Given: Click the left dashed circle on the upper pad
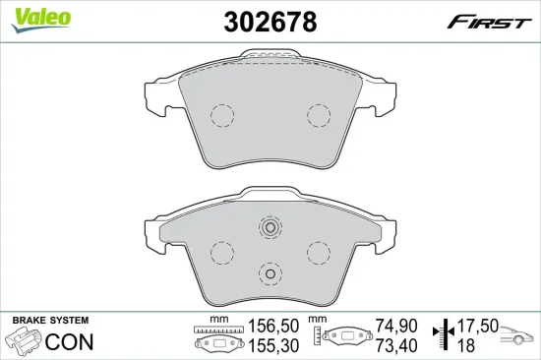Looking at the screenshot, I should coord(222,116).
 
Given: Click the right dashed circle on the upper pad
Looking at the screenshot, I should coord(319,116).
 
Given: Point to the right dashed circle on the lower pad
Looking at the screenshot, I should coord(319,252).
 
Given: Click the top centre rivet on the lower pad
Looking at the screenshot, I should coord(270,227).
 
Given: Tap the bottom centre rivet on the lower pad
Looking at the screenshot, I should coord(270,274).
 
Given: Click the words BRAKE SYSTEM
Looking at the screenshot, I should coord(49,322).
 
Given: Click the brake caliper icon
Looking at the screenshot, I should coord(24,342).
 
